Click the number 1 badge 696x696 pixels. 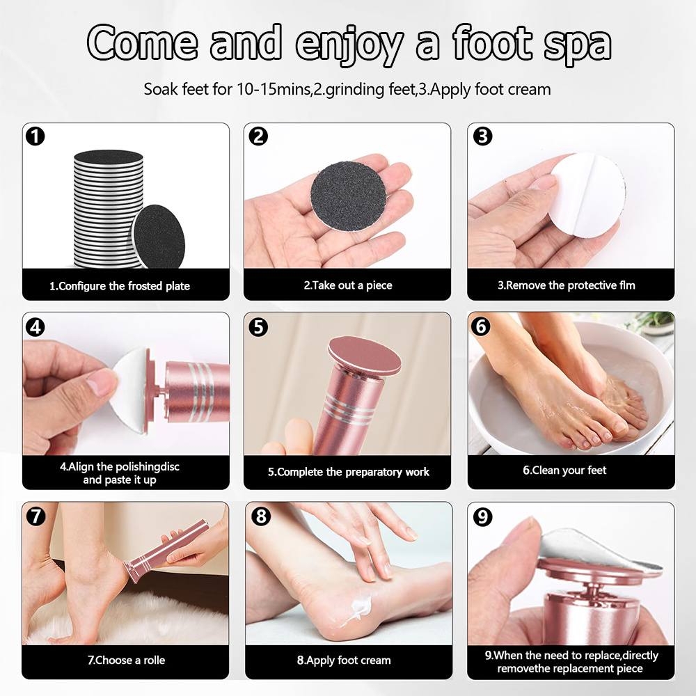point(35,136)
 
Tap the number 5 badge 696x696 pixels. point(258,327)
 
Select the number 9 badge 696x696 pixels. point(482,516)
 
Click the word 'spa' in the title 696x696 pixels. point(577,45)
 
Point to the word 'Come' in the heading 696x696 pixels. point(142,42)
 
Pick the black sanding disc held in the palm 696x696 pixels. point(348,196)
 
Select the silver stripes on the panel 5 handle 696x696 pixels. point(349,409)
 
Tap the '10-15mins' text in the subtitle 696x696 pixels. point(274,89)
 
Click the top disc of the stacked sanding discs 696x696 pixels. point(109,157)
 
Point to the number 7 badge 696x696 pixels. point(36,516)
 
